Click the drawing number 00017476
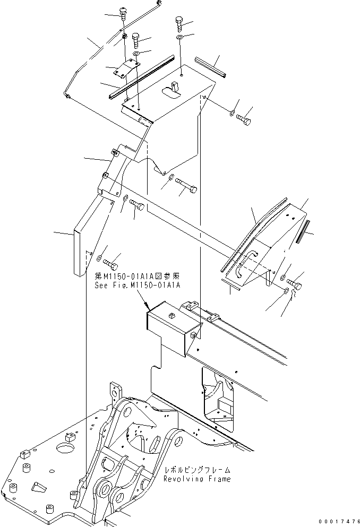coord(333,522)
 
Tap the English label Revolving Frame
coord(198,479)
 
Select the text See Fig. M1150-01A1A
coord(138,285)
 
